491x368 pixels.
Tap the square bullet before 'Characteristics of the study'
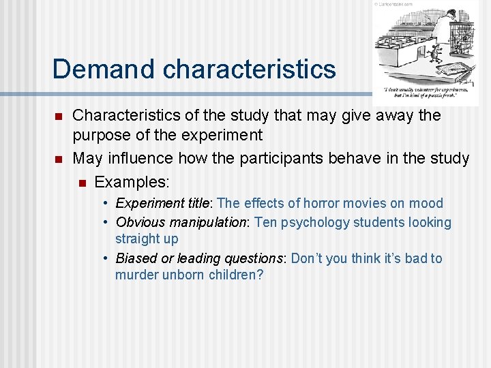59,117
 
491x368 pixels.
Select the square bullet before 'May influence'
59,159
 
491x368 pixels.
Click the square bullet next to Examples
81,182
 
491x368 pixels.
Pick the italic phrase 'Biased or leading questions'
201,258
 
